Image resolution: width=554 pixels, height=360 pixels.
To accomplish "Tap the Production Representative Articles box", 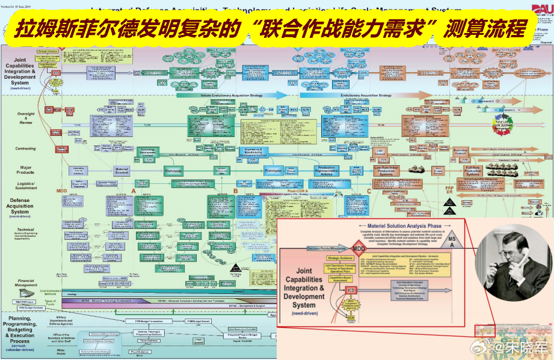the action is click(x=327, y=171).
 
